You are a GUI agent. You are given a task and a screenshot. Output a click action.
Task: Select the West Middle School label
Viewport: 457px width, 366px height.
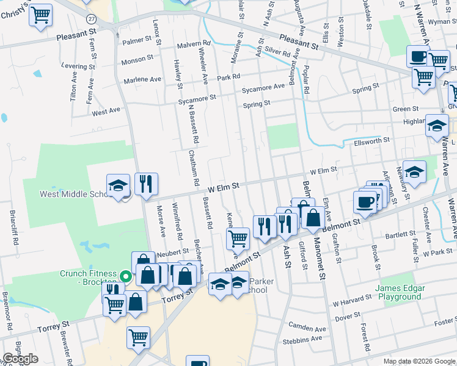pos(73,194)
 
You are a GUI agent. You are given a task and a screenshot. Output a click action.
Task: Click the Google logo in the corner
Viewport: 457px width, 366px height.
pos(20,359)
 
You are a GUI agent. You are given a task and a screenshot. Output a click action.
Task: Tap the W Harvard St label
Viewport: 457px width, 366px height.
pos(353,303)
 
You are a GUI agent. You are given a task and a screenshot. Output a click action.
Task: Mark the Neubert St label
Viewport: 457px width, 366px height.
pos(173,251)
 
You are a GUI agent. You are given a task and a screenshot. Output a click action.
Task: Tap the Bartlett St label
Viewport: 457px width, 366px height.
pos(400,234)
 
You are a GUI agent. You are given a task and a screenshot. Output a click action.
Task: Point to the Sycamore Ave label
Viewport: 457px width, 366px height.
pos(263,87)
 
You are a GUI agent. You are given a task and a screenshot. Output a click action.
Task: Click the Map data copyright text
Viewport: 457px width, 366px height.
pos(419,361)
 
